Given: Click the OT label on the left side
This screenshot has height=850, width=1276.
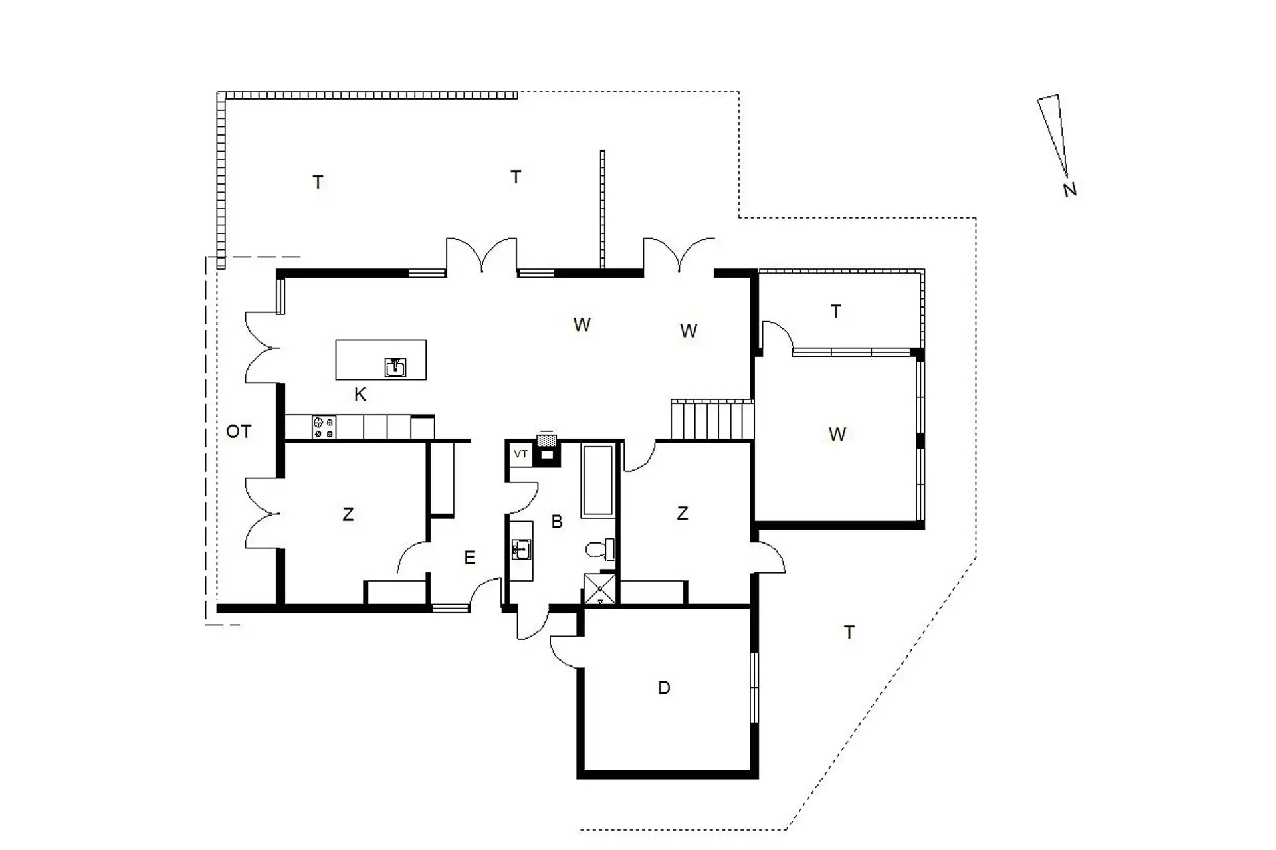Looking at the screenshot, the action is [x=239, y=432].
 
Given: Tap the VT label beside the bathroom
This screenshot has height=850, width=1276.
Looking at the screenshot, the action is [x=521, y=454].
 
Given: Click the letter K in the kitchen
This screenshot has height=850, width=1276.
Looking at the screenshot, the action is [x=360, y=395].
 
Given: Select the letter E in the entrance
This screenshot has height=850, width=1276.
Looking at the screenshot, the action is [x=470, y=558].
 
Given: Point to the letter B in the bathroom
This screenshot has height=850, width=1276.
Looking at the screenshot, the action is [x=557, y=522].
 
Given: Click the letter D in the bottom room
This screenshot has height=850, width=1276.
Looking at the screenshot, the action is [x=664, y=688].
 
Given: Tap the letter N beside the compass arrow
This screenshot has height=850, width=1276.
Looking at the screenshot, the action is [x=1069, y=190].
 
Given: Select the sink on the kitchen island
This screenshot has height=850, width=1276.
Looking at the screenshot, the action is [x=395, y=367].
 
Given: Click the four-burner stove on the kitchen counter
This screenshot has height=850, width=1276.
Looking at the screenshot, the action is [x=324, y=427].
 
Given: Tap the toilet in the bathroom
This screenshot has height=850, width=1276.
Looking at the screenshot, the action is [x=600, y=550].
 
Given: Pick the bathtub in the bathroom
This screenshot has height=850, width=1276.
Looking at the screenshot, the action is [x=597, y=480].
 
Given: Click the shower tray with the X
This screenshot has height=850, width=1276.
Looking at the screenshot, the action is [x=600, y=589].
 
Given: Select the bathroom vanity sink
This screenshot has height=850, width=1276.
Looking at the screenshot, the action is [x=521, y=550].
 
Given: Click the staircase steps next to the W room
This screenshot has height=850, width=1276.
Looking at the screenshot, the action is [x=712, y=419].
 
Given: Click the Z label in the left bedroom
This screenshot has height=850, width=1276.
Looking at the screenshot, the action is [x=348, y=514].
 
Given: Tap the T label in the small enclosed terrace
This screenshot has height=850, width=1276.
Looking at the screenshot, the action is [x=836, y=311].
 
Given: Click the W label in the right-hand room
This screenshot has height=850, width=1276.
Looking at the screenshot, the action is [x=837, y=435].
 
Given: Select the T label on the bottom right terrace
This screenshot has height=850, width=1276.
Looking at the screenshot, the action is [x=849, y=633].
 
